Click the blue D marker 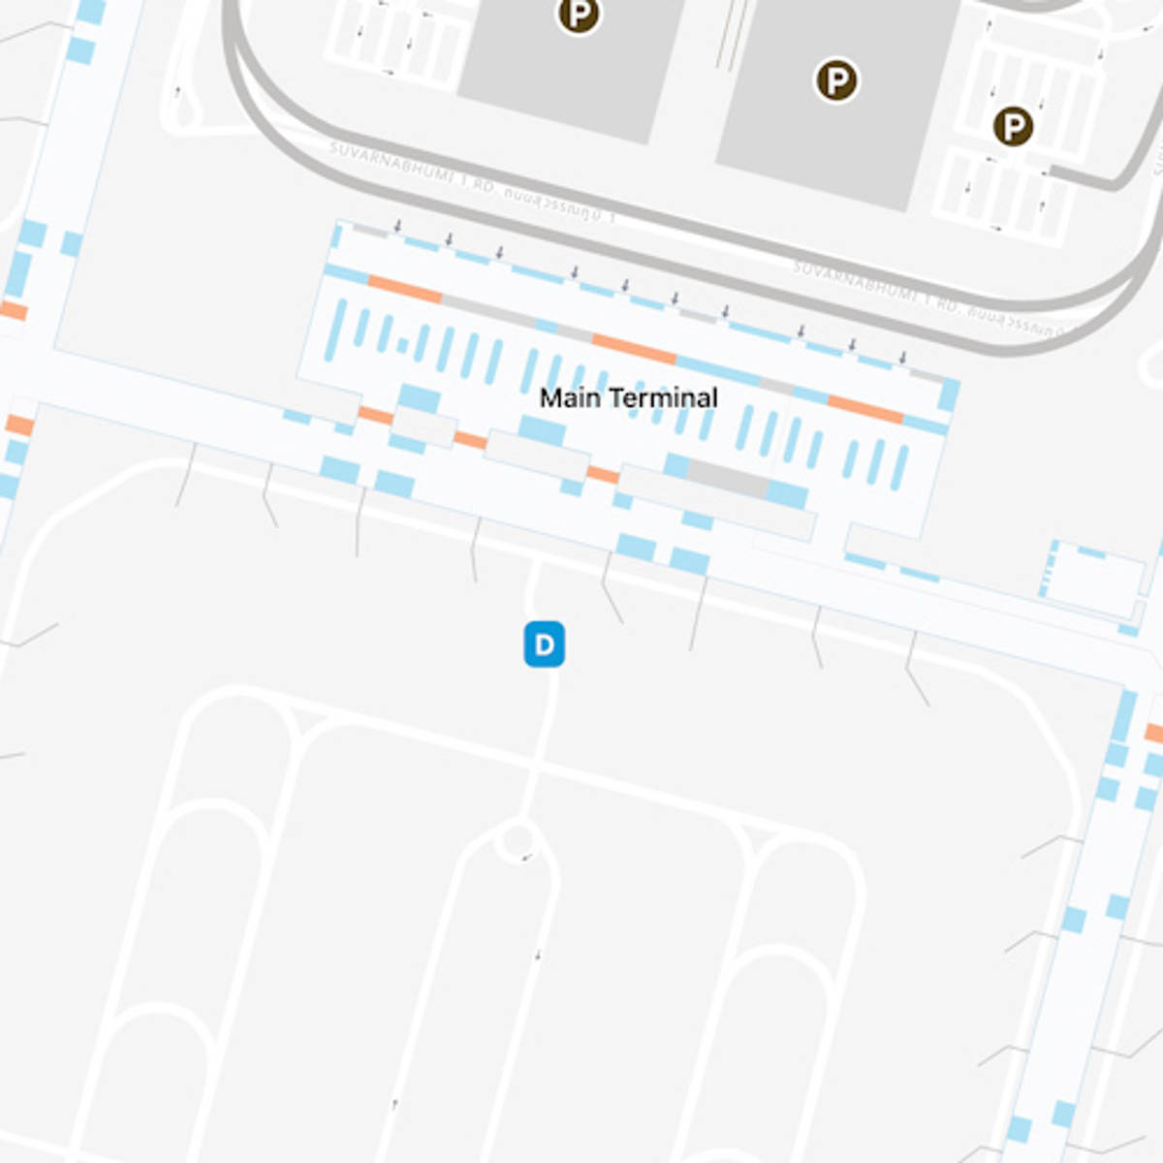544,644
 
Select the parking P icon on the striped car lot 1013,126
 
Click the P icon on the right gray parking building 835,80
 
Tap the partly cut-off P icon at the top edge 579,14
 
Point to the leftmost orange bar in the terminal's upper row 405,289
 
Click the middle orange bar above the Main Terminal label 634,349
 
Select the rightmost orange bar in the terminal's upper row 865,410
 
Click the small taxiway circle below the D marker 517,840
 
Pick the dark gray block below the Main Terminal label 727,480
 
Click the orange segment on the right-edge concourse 1153,733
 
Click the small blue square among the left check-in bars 402,344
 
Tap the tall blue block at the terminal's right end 949,395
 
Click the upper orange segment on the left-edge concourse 14,311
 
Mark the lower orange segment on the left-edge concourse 19,424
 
